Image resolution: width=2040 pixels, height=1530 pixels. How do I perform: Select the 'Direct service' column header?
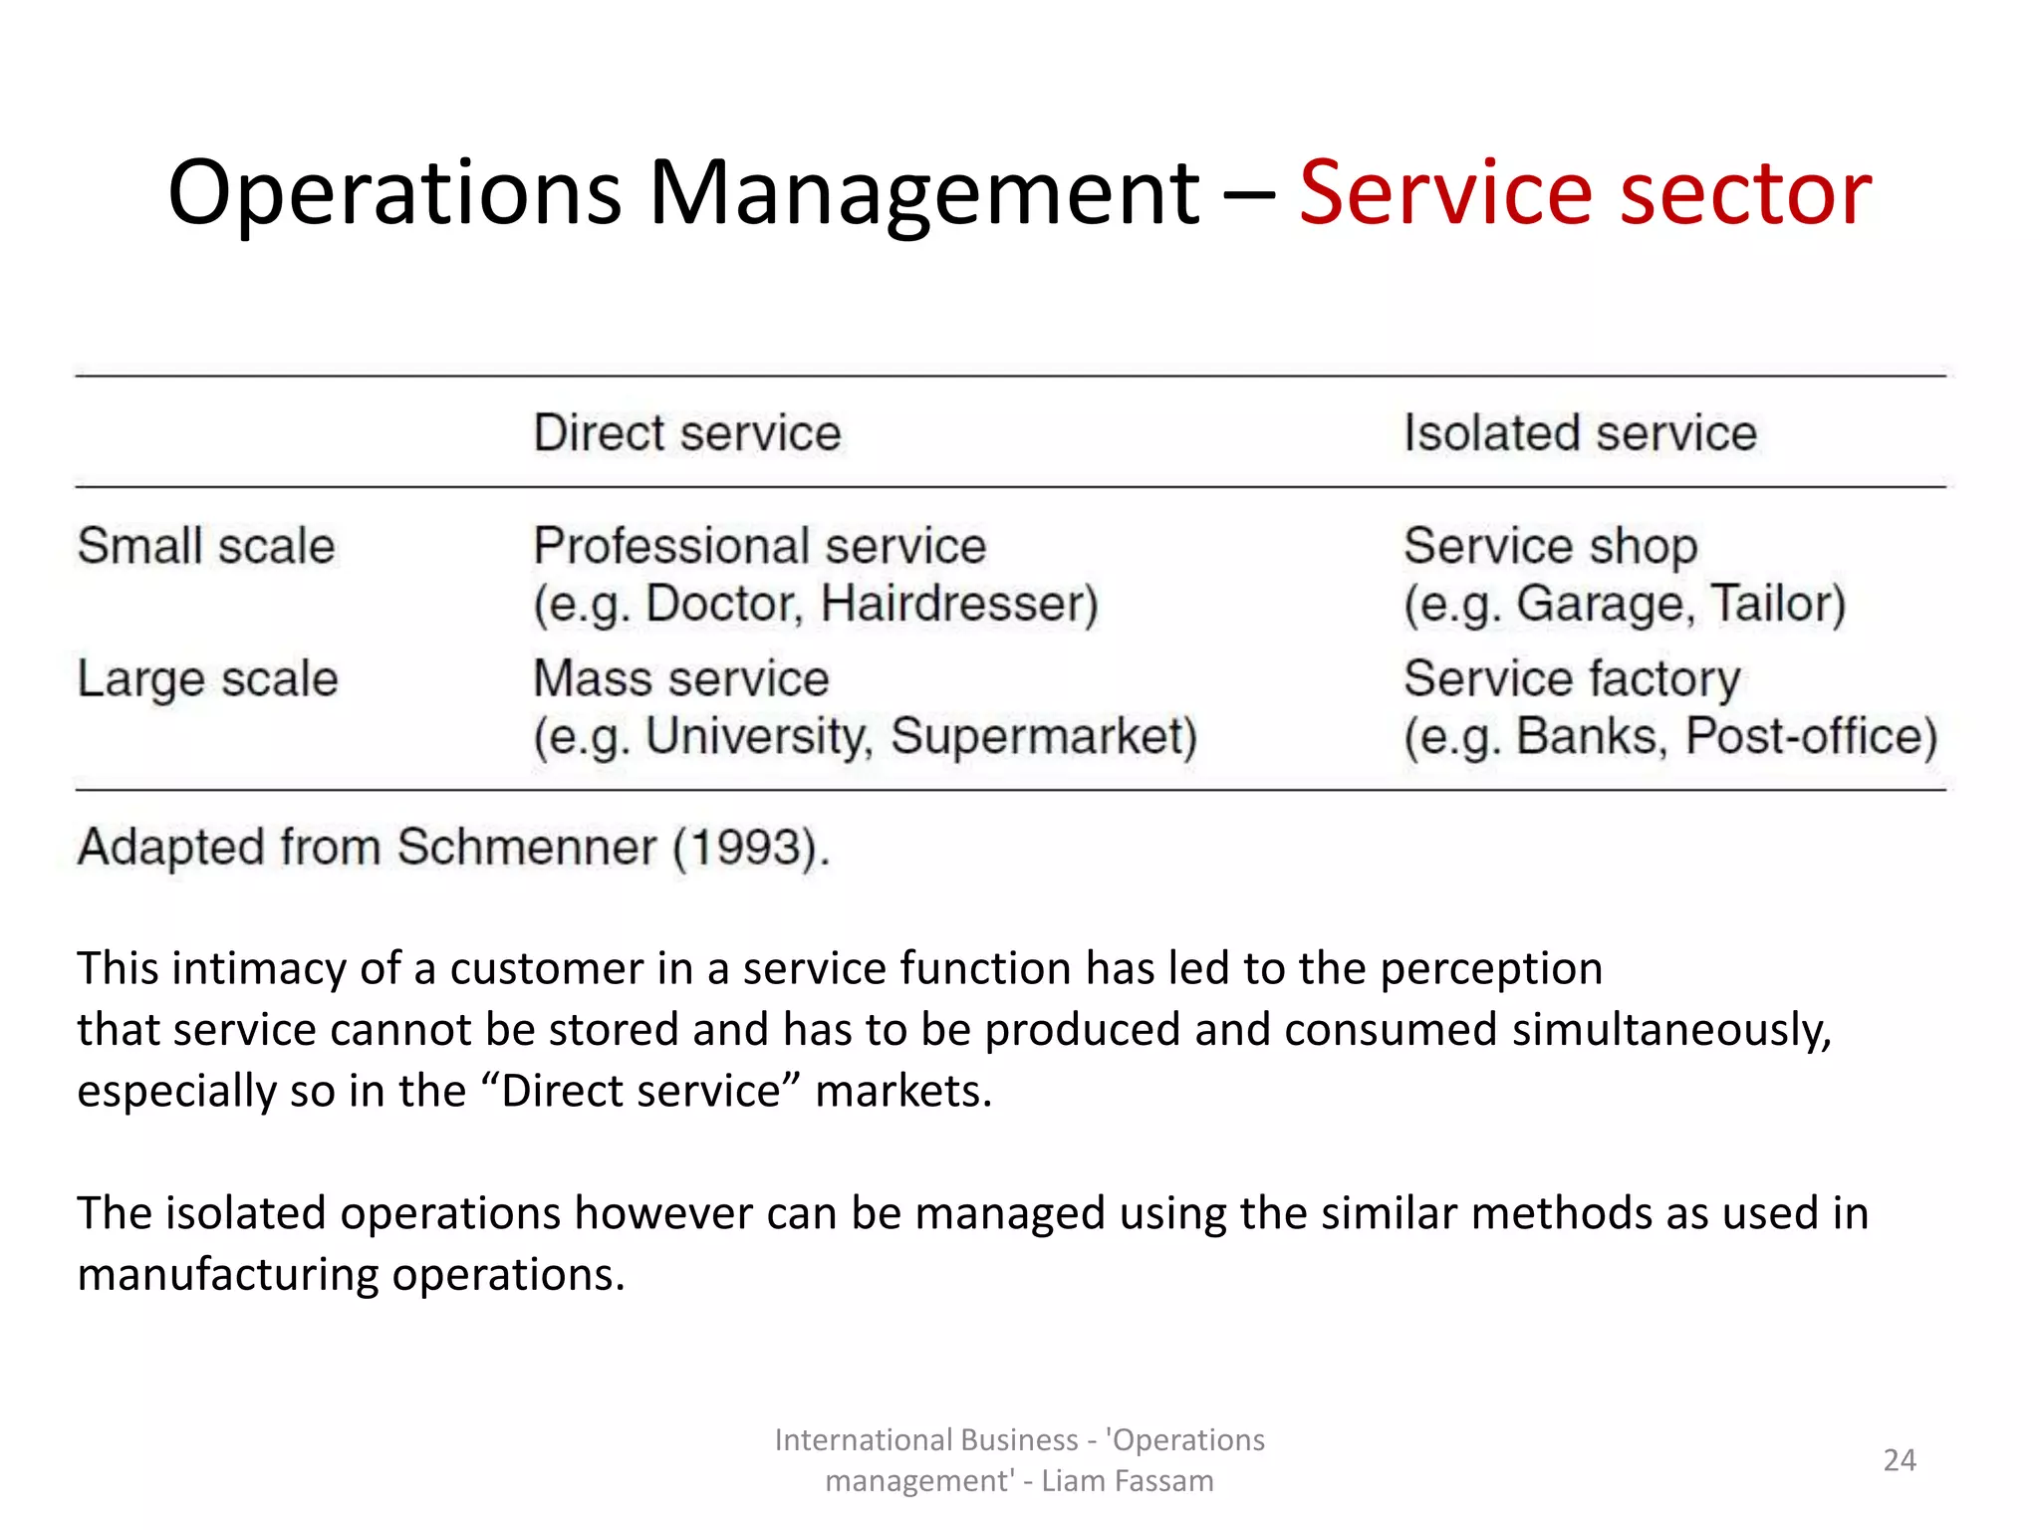tap(687, 433)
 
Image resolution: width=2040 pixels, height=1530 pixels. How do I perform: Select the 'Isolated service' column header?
tap(1580, 433)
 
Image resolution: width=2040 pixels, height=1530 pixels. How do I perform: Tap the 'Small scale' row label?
tap(206, 546)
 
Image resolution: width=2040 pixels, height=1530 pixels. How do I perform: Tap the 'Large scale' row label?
tap(208, 679)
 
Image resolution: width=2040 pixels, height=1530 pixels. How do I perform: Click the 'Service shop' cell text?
tap(1550, 546)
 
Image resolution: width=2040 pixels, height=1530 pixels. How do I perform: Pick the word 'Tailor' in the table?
tap(1777, 604)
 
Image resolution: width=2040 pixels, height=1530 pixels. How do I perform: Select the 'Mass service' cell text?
tap(681, 679)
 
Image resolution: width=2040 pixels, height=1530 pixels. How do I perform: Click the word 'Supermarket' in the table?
tap(1043, 737)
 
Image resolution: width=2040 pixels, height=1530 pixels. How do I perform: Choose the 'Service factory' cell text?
tap(1572, 679)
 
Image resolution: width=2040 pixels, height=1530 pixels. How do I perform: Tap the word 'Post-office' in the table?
tap(1810, 737)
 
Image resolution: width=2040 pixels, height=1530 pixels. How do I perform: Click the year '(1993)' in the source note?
tap(751, 848)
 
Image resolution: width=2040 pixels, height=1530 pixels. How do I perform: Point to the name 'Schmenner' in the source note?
tap(527, 848)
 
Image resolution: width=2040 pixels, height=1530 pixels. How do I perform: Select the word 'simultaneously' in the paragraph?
tap(1671, 1030)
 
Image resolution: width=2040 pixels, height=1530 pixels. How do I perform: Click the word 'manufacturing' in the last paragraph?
tap(228, 1275)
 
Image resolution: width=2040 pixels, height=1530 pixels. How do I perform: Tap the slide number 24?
tap(1900, 1460)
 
